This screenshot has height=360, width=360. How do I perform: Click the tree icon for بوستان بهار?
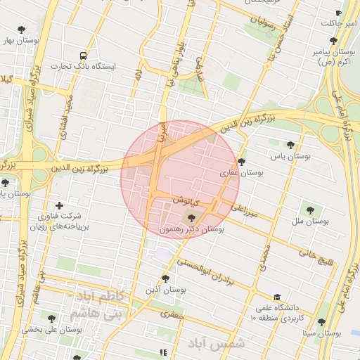click(x=22, y=30)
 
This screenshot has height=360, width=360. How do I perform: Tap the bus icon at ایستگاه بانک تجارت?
click(x=84, y=55)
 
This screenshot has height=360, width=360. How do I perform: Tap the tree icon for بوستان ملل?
click(x=309, y=209)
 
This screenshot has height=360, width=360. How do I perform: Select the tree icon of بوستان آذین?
click(x=166, y=278)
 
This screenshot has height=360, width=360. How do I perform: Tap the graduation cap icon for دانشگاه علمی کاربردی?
click(x=277, y=297)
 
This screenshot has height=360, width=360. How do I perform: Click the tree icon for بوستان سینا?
click(x=321, y=322)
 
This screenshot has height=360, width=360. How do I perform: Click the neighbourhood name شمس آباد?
click(x=217, y=344)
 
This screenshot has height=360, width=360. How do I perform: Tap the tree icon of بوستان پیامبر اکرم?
click(x=333, y=41)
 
